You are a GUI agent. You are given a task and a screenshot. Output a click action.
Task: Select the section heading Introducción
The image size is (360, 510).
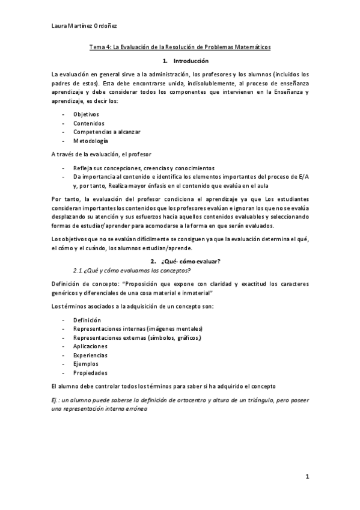(191, 61)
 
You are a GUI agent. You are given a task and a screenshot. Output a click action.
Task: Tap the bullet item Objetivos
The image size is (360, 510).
(86, 114)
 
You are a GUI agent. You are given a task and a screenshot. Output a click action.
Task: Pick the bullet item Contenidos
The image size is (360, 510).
(88, 123)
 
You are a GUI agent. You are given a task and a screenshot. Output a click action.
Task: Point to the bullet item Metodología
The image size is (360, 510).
(91, 141)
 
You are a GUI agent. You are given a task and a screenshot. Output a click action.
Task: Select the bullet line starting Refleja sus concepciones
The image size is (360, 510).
(144, 168)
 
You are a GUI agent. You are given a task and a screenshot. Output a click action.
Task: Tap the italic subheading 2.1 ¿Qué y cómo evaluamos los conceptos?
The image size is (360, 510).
(135, 269)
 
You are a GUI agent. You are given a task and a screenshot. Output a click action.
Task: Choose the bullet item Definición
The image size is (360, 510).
(87, 320)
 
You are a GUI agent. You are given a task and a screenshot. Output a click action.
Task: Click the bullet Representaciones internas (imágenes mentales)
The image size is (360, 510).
(138, 328)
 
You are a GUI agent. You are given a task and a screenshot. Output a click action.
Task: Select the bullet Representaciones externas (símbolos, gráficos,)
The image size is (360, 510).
(137, 337)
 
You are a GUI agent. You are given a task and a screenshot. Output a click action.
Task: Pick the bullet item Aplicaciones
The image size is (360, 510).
(90, 346)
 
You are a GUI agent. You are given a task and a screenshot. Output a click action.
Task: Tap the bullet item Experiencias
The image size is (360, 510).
(90, 355)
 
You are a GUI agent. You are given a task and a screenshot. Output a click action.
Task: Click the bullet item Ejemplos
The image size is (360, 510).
(86, 364)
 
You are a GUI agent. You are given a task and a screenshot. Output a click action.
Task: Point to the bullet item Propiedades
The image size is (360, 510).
(90, 372)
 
